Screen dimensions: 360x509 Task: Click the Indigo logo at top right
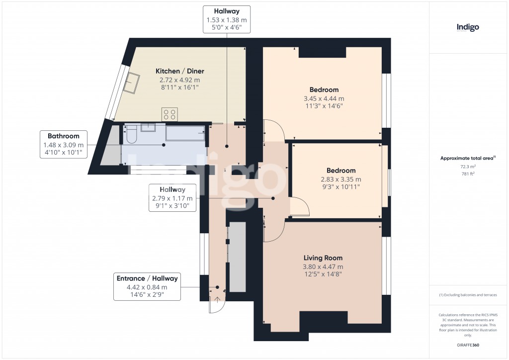[468, 27]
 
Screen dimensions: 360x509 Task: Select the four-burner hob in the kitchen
[170, 114]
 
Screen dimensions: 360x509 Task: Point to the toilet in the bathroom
[132, 134]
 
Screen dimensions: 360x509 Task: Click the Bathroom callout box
[64, 145]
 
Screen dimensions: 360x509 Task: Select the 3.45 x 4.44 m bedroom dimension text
[324, 98]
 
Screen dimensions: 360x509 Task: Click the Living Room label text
[323, 258]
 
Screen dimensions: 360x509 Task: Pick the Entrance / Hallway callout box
[147, 286]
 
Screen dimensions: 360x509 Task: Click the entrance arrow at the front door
[217, 299]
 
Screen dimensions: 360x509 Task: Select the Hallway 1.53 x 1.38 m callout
[227, 19]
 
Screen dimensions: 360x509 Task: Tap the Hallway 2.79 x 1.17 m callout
[172, 197]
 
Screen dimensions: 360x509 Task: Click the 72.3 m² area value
[468, 167]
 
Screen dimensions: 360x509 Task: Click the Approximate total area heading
[468, 158]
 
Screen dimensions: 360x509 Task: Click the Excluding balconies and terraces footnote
[468, 295]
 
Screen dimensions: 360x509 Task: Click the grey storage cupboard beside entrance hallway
[238, 257]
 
